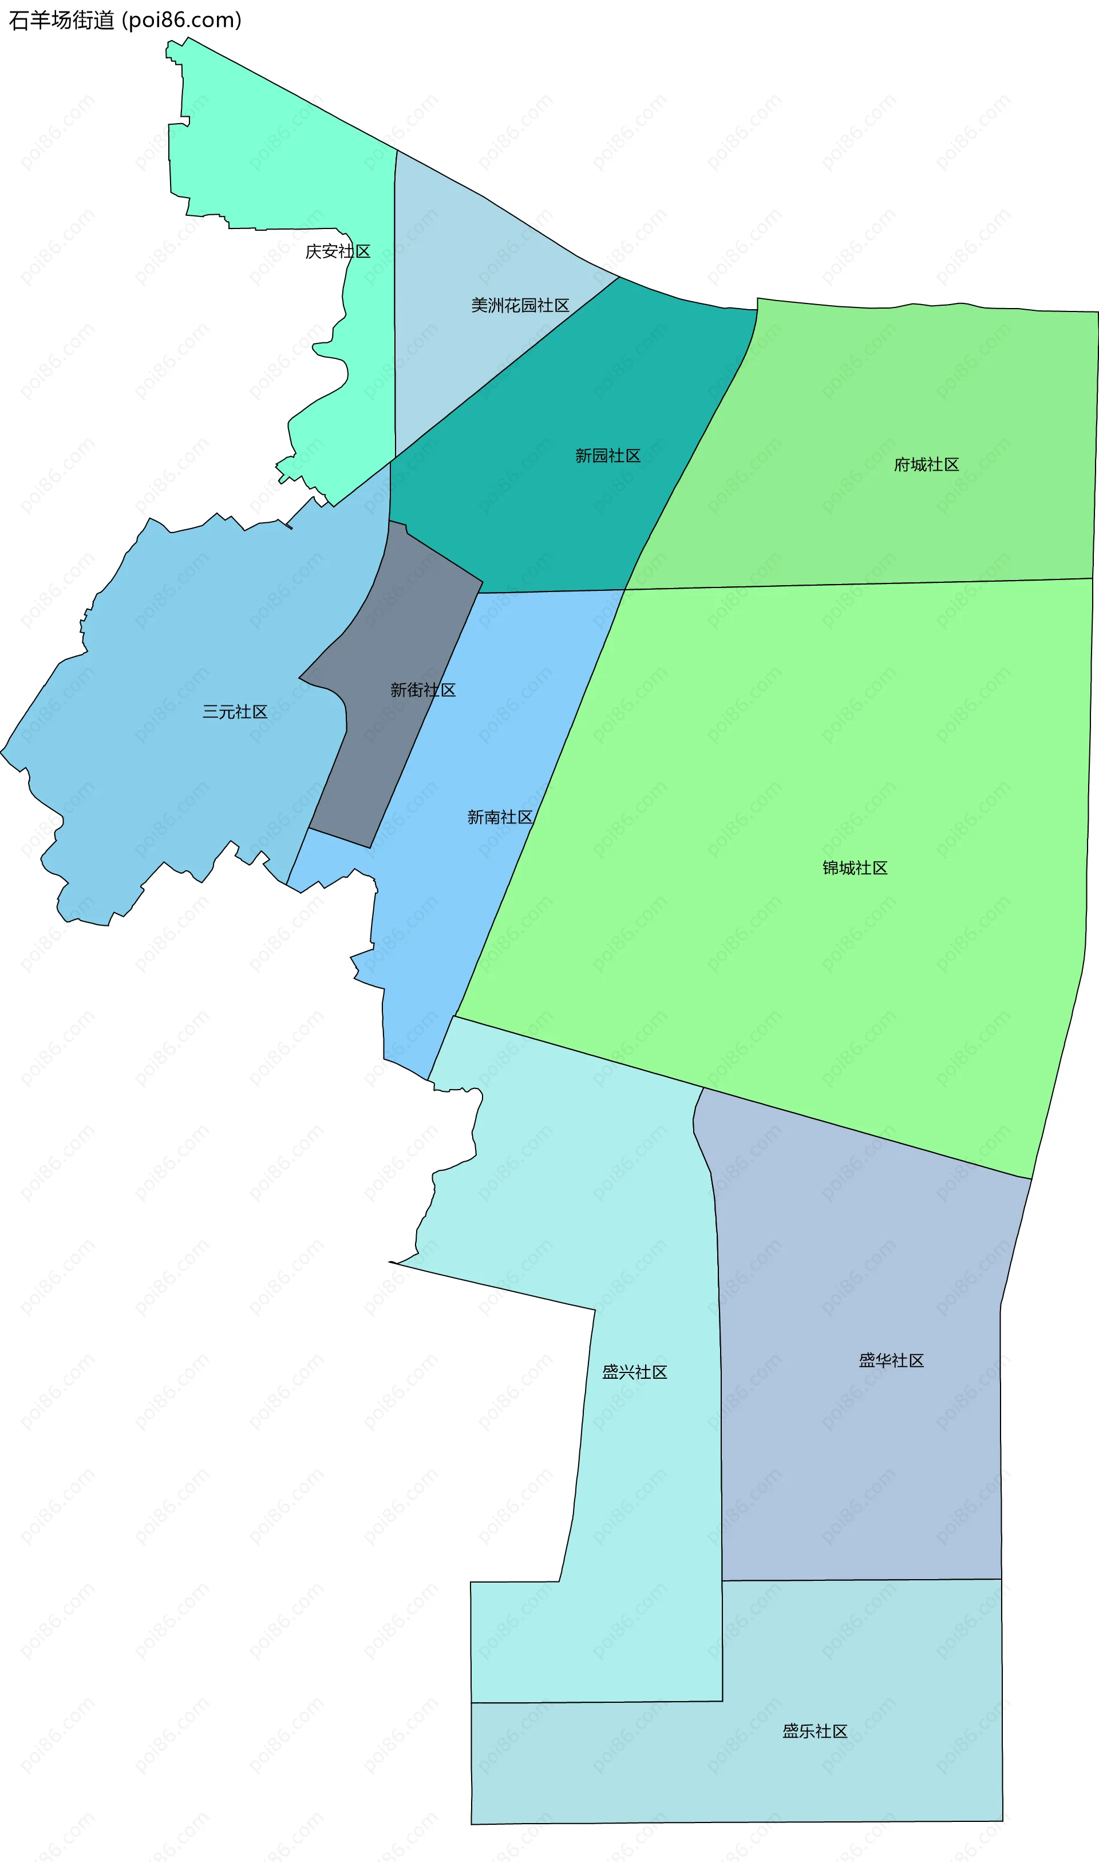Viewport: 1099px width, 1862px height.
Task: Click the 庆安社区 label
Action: coord(338,252)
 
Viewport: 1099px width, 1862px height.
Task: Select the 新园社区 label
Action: coord(607,456)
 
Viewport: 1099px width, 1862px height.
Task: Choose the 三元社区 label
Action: coord(235,712)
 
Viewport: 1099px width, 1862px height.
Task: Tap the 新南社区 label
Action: coord(499,817)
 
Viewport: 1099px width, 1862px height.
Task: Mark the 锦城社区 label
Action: coord(855,868)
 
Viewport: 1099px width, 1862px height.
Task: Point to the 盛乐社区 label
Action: coord(815,1731)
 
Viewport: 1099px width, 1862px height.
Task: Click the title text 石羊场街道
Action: coord(61,20)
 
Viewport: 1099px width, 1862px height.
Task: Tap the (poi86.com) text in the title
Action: coord(181,20)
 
